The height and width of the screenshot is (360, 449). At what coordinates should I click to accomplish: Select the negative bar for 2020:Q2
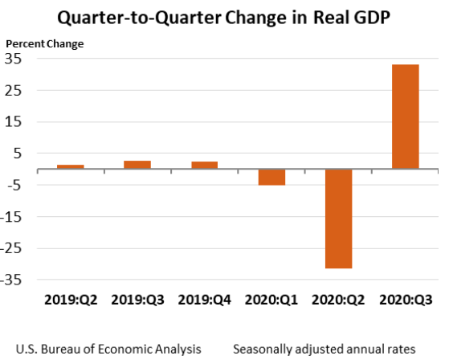(338, 219)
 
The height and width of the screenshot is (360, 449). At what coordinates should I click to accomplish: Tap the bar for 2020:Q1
(271, 177)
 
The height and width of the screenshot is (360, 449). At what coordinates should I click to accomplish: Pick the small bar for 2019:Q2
(70, 166)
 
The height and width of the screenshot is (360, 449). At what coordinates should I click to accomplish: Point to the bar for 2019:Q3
(137, 165)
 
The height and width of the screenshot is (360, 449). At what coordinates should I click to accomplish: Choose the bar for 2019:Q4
(204, 165)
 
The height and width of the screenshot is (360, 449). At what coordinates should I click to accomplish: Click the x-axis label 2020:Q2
(338, 300)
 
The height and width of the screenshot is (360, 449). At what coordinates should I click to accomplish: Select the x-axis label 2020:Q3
(405, 300)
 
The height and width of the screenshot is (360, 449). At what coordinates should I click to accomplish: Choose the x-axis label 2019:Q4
(204, 300)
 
